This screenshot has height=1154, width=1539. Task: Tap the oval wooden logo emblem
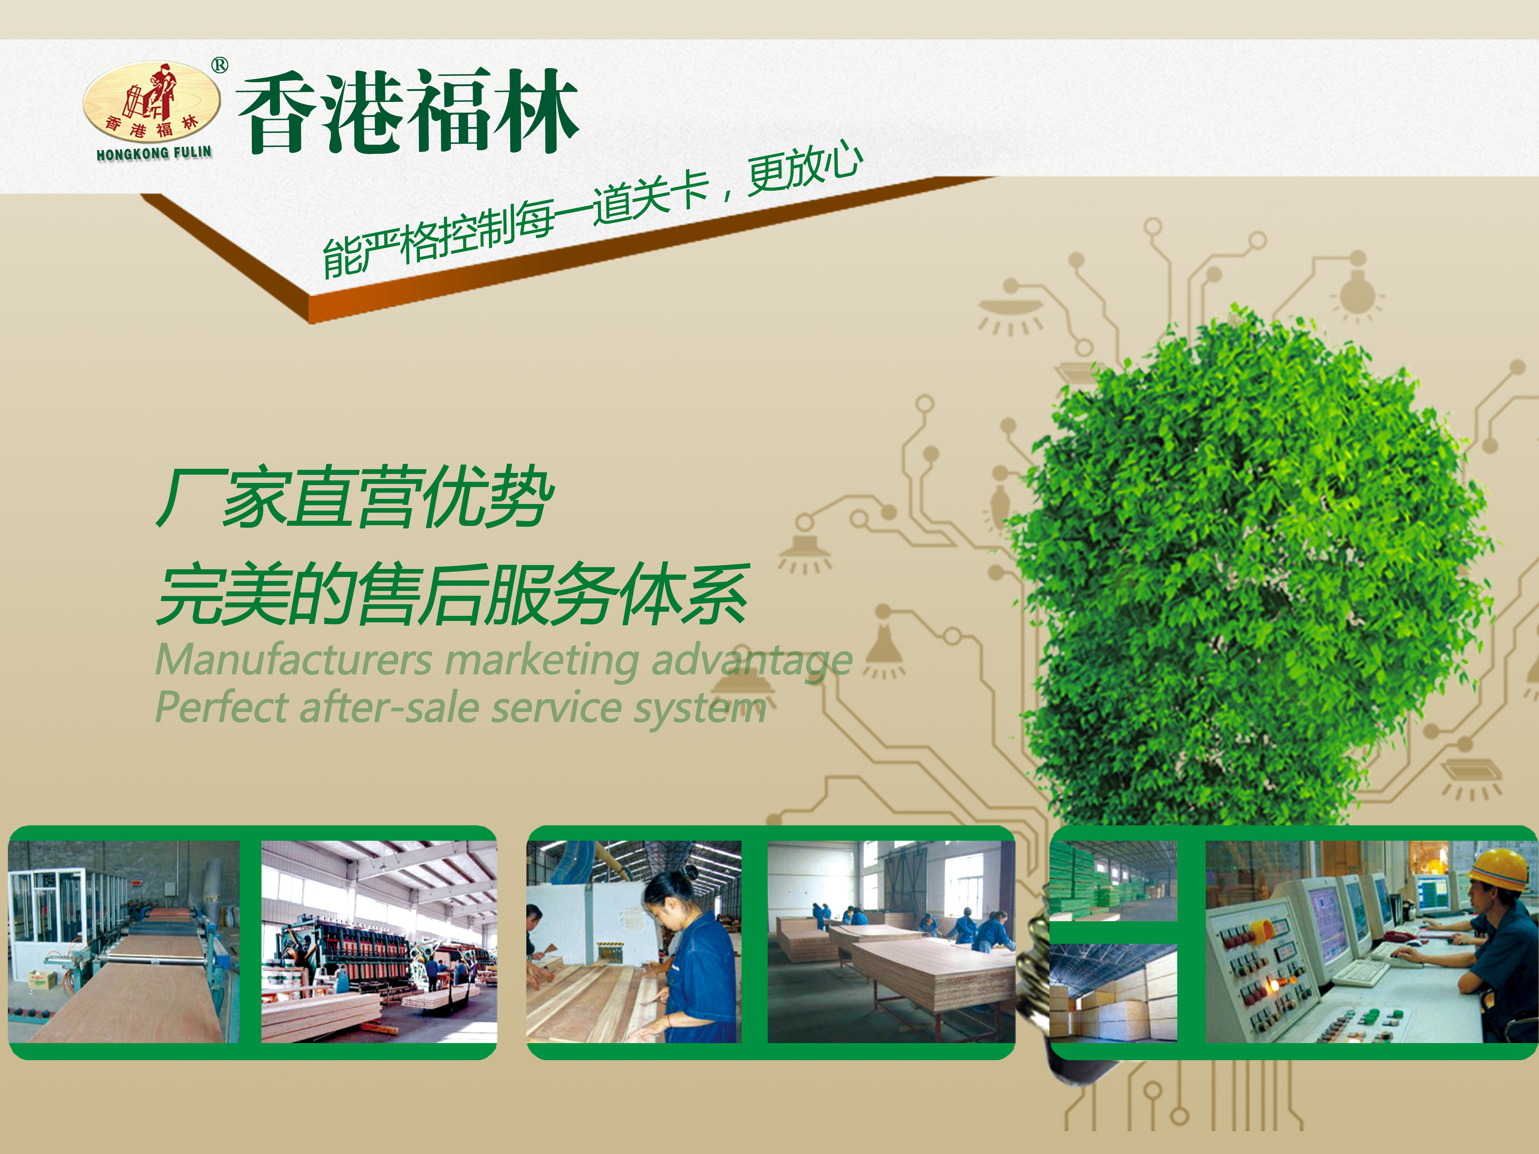(x=152, y=102)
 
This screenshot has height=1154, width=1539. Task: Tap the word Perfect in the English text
(x=221, y=707)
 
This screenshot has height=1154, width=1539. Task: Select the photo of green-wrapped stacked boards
(x=1113, y=881)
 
